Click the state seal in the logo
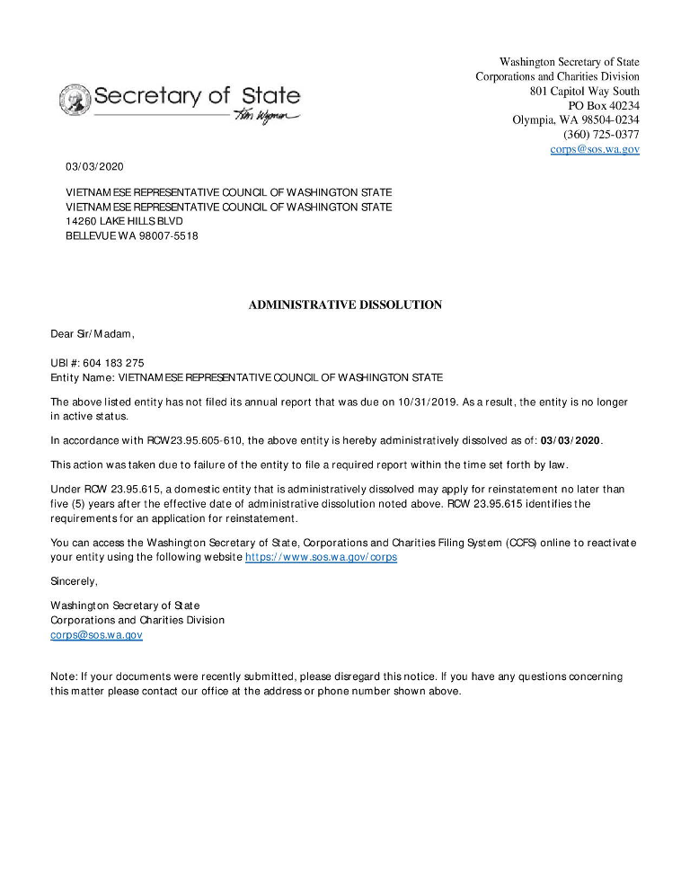tap(75, 99)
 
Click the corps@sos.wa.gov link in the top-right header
tap(595, 149)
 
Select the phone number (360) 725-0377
tap(601, 135)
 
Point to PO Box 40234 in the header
tap(604, 106)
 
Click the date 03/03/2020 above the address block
tap(94, 167)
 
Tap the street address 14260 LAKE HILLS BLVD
tap(124, 221)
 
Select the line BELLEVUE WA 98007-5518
tap(132, 235)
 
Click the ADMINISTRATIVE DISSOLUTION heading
tap(345, 305)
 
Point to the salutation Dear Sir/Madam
tap(92, 334)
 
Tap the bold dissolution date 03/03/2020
tap(571, 440)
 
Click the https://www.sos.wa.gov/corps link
tap(321, 557)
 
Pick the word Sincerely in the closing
tap(74, 581)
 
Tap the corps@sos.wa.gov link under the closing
tap(96, 635)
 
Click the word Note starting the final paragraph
tap(63, 676)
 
